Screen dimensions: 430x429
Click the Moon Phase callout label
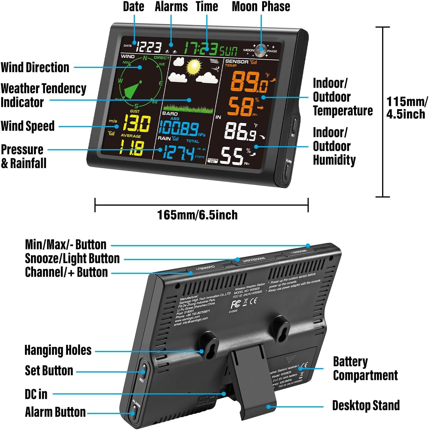point(261,7)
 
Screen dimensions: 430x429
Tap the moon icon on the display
point(261,50)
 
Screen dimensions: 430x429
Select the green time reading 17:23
point(201,48)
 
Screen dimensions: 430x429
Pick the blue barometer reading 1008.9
point(178,128)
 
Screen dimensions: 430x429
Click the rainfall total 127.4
point(179,153)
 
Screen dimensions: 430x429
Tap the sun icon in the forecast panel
point(193,67)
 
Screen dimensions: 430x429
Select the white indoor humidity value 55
point(232,156)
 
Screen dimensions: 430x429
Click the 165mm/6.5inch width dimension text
point(198,215)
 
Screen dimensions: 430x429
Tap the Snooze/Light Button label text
point(72,259)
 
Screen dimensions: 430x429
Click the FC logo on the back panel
point(235,304)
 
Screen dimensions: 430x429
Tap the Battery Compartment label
point(365,369)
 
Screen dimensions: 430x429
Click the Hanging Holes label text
point(58,350)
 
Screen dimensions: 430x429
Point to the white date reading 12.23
point(149,47)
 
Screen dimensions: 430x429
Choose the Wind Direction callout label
point(35,67)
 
